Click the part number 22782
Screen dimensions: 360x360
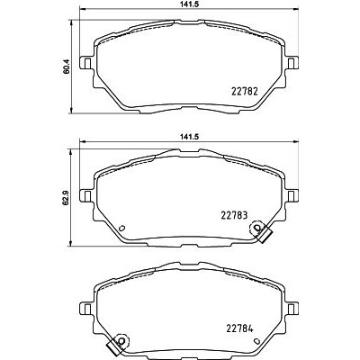tap(245, 91)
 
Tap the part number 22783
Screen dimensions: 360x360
tap(234, 215)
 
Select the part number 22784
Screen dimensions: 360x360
tap(239, 328)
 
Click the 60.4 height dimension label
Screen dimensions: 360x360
tap(67, 67)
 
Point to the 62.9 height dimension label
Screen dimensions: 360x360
tap(67, 198)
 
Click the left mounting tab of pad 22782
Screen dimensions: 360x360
tap(86, 63)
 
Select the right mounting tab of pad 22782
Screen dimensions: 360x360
tap(292, 63)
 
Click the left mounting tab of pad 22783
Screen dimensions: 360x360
tap(86, 196)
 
